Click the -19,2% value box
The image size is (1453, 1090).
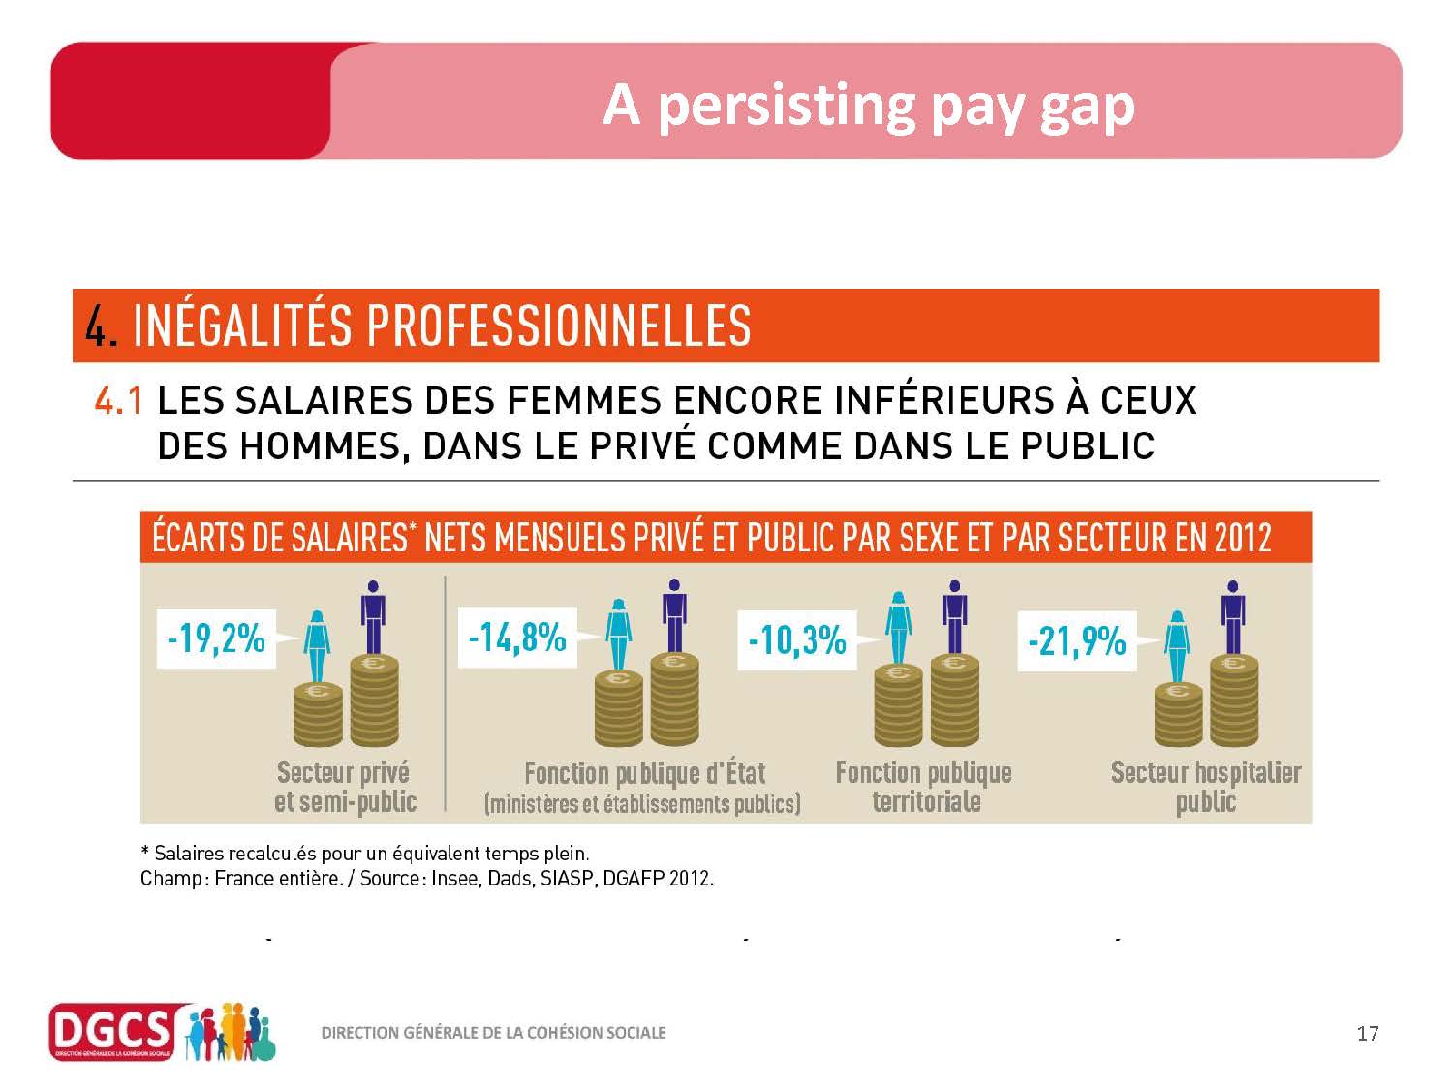[216, 638]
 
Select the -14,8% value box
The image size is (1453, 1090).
[517, 638]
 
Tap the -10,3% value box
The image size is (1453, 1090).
[797, 640]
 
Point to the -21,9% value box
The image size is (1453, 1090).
[1076, 641]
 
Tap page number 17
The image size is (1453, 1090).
[1367, 1033]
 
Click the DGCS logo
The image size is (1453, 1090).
[111, 1032]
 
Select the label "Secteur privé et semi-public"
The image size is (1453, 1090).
[345, 787]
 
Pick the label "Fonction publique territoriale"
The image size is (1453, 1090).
[924, 787]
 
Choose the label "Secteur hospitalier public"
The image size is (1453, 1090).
[1206, 787]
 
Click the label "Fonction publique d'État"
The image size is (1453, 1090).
[644, 774]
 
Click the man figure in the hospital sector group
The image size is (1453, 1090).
[1232, 617]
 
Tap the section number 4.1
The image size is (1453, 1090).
[118, 400]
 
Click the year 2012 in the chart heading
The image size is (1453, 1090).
[1244, 538]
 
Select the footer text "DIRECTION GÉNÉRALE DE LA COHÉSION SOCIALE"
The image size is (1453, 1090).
[493, 1033]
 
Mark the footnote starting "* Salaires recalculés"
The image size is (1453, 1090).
[365, 854]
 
